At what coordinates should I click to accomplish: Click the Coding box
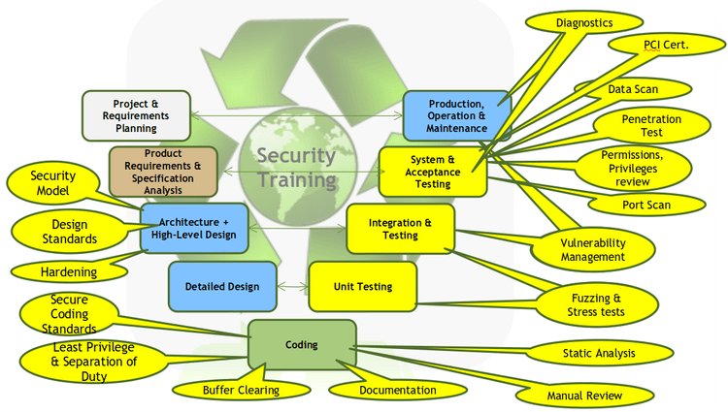(x=302, y=344)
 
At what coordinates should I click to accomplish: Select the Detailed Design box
(x=222, y=286)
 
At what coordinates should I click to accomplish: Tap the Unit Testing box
(x=363, y=286)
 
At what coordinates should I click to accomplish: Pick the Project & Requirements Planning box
(x=136, y=116)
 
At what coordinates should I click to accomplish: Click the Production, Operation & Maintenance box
(x=457, y=116)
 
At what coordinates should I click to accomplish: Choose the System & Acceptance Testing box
(x=433, y=172)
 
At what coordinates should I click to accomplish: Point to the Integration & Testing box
(x=400, y=229)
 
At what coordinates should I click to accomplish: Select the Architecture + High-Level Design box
(x=194, y=229)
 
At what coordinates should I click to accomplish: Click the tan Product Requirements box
(x=163, y=172)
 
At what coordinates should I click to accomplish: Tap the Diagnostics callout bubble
(x=584, y=22)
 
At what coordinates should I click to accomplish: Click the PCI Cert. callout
(x=666, y=45)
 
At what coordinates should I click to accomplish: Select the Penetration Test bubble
(x=651, y=126)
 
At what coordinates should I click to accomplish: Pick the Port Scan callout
(x=646, y=205)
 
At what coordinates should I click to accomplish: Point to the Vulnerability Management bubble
(x=593, y=250)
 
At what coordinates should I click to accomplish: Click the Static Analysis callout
(x=599, y=353)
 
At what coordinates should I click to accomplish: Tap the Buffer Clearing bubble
(x=241, y=390)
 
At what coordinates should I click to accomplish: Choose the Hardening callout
(x=69, y=271)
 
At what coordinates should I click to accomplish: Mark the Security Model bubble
(x=53, y=183)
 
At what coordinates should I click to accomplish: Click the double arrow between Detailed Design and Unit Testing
(x=292, y=286)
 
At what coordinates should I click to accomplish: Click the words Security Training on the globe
(x=297, y=168)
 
